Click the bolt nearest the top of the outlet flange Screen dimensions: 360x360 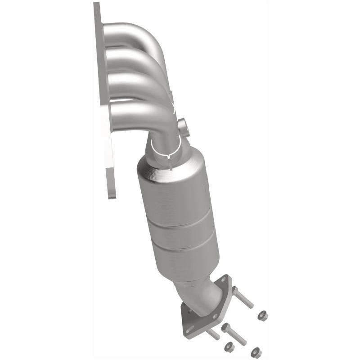tap(243, 297)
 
